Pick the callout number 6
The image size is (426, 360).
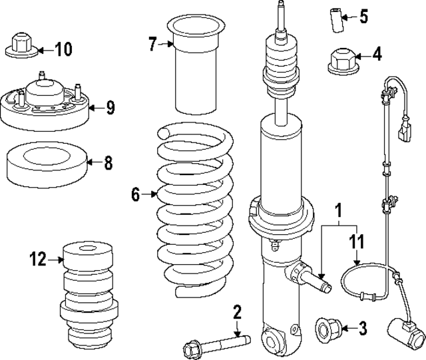pos(136,194)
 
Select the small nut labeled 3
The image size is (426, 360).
pos(329,327)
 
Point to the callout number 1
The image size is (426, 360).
pos(339,212)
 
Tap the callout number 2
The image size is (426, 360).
pos(236,312)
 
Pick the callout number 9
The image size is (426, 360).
pos(110,106)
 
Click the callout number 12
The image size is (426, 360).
pos(37,258)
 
